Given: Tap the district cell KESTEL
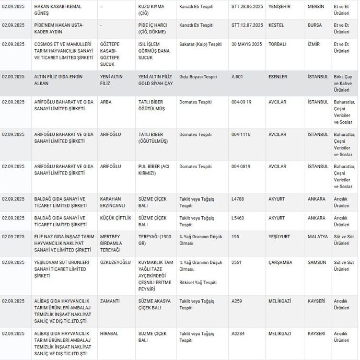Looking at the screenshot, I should tap(276, 25).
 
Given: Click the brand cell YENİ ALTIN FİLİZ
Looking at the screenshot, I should tap(112, 80).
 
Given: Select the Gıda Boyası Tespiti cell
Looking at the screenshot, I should tap(195, 77).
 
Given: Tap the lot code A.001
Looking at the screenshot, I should tap(238, 77).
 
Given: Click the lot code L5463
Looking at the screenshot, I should tap(238, 218).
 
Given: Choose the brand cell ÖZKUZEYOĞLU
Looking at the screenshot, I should tap(115, 262).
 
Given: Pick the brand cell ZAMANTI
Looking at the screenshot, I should tap(110, 301).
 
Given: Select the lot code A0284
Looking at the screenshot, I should tap(238, 333).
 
